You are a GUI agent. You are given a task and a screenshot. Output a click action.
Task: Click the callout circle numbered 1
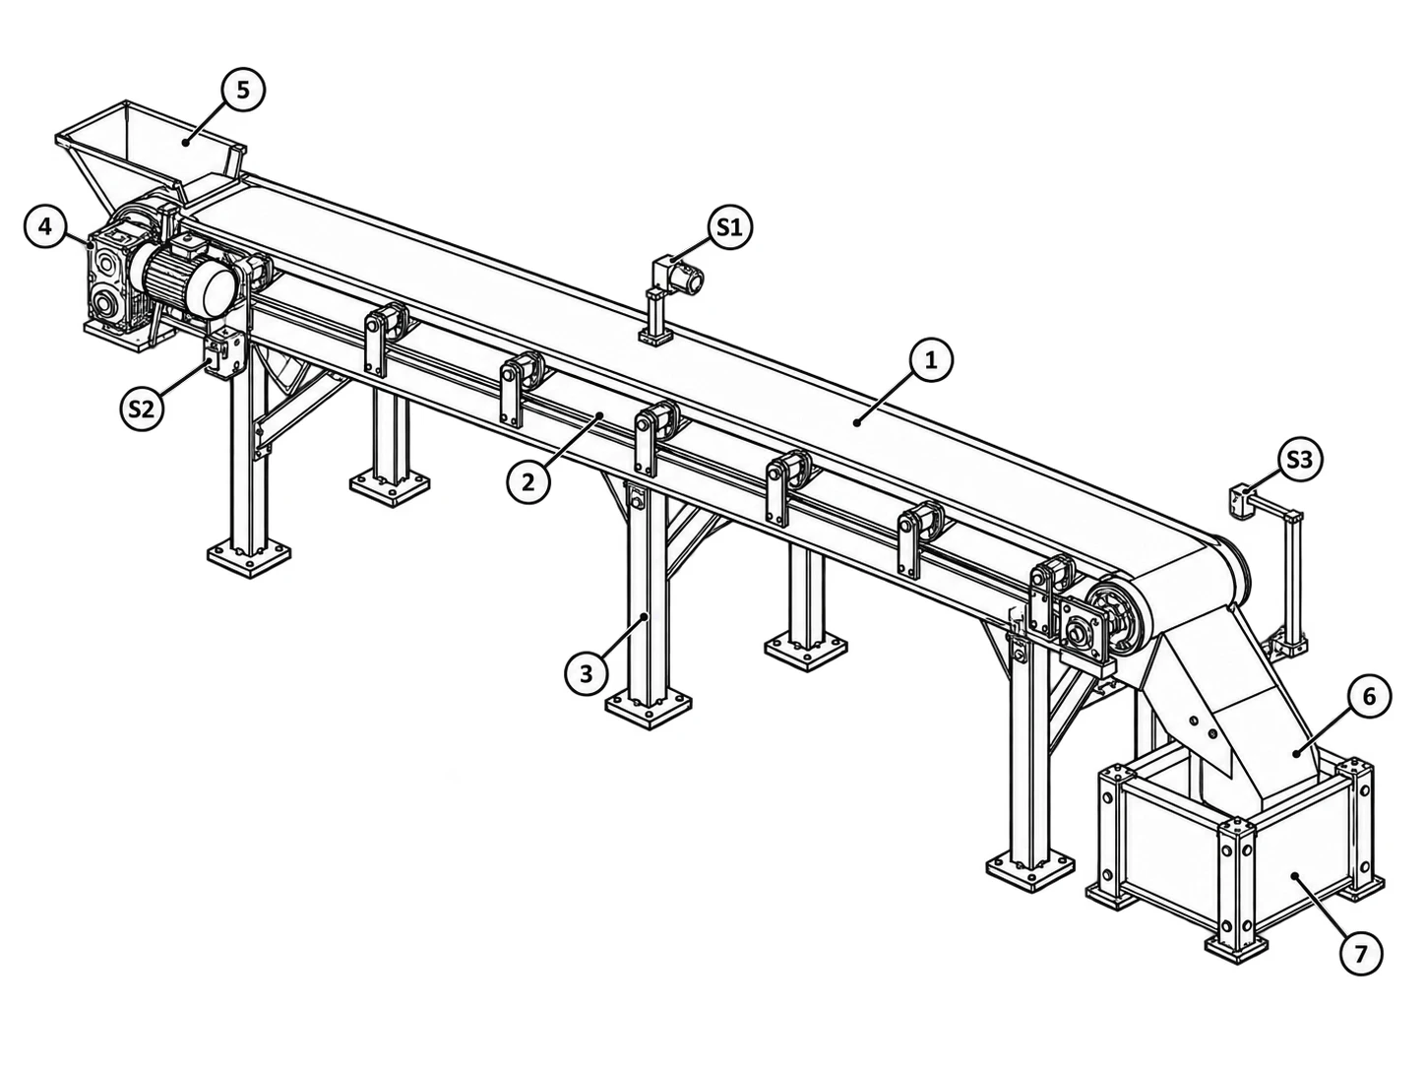point(931,361)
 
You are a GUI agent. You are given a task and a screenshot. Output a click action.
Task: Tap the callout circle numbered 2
point(528,482)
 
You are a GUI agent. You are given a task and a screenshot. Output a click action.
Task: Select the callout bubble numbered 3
point(587,674)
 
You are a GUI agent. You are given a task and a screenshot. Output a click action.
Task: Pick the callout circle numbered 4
point(45,226)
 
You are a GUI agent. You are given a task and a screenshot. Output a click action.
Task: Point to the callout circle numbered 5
point(243,90)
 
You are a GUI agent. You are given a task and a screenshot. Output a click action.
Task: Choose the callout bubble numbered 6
point(1369,697)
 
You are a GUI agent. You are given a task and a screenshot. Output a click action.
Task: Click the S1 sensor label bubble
point(729,227)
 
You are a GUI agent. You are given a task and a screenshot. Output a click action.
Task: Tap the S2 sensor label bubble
point(141,409)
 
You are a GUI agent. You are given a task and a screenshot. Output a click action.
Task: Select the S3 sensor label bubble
point(1299,460)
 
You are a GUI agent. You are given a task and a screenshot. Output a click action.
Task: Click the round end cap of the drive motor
point(217,291)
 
